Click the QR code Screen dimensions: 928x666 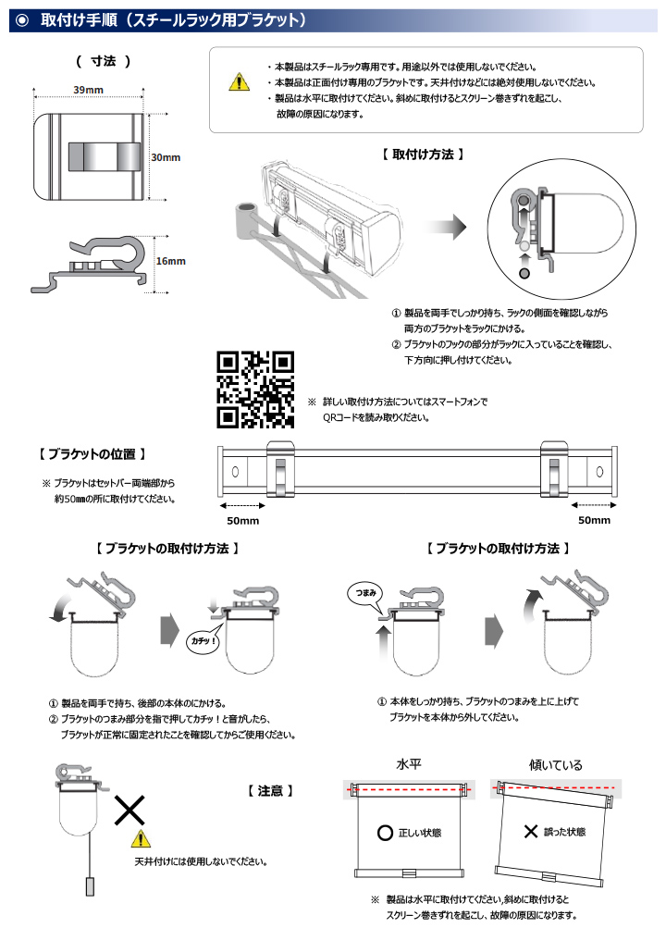(255, 390)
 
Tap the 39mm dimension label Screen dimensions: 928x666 (88, 88)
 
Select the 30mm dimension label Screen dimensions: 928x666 (166, 158)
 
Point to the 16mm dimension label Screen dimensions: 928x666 (170, 261)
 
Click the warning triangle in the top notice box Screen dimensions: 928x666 (240, 82)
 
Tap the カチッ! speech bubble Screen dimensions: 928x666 (202, 640)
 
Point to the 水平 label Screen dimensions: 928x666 (409, 765)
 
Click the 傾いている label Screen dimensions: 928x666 (555, 765)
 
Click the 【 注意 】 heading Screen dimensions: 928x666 (271, 791)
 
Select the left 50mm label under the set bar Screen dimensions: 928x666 (242, 521)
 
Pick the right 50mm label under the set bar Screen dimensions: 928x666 (594, 521)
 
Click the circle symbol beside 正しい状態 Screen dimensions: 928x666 (385, 833)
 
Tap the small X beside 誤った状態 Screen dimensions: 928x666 (530, 832)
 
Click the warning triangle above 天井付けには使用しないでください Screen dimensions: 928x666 (140, 839)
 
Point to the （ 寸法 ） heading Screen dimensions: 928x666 (103, 61)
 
